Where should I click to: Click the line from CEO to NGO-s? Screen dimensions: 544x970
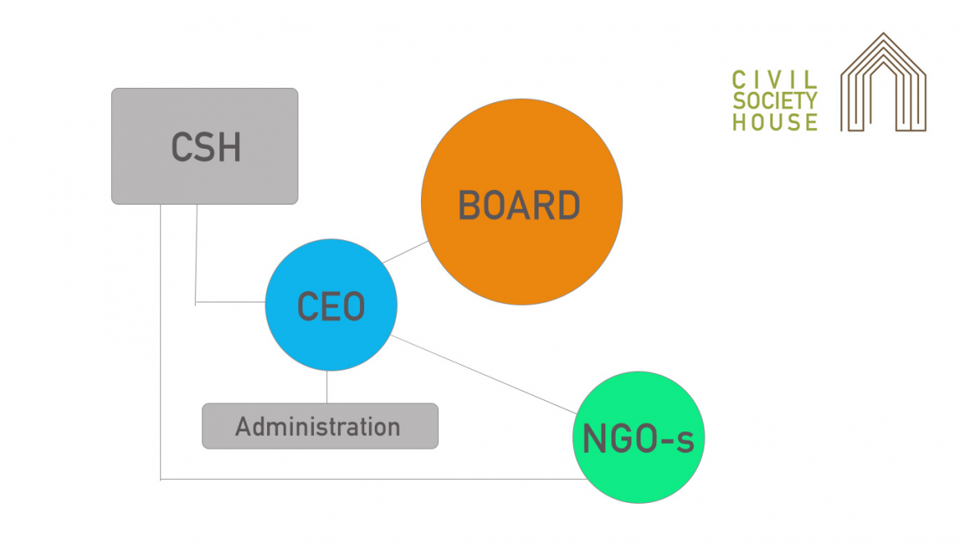click(485, 375)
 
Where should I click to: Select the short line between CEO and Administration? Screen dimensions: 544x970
click(327, 386)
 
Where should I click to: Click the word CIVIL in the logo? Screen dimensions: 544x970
click(774, 80)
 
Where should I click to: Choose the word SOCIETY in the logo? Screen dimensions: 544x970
click(774, 101)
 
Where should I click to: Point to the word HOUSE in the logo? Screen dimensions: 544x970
click(774, 122)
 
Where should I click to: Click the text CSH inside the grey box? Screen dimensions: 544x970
click(206, 148)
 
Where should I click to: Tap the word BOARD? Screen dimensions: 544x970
click(519, 205)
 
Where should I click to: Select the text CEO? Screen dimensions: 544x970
click(330, 307)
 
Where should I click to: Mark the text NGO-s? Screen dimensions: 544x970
click(638, 440)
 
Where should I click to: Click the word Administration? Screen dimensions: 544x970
click(317, 426)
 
